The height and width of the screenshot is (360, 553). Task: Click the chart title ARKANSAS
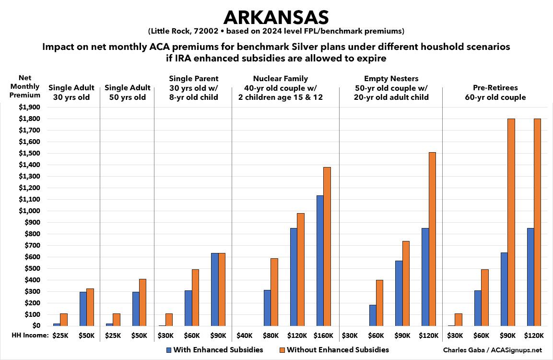click(276, 17)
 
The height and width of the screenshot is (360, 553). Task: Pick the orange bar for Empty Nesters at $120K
click(432, 239)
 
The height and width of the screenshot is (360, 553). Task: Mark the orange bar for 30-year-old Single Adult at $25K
click(64, 320)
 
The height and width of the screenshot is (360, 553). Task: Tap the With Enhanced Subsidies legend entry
click(214, 349)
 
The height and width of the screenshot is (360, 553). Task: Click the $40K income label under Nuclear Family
click(245, 336)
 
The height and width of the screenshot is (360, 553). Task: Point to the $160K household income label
click(324, 336)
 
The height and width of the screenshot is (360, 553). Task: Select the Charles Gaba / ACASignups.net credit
click(502, 350)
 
